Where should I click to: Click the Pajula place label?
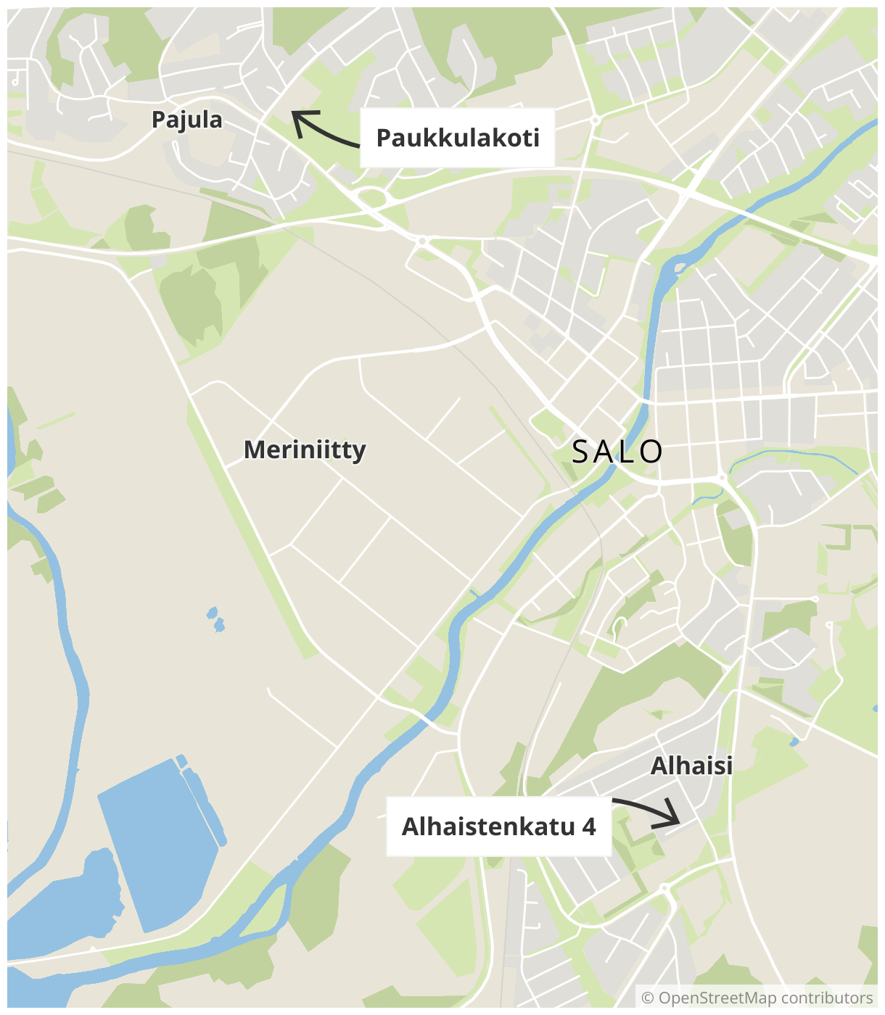pyautogui.click(x=186, y=120)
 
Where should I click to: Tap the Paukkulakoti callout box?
pyautogui.click(x=458, y=138)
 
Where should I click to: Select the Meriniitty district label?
pyautogui.click(x=305, y=449)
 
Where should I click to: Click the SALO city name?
pyautogui.click(x=617, y=452)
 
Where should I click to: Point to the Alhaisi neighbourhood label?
pyautogui.click(x=691, y=766)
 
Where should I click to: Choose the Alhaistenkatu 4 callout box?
pyautogui.click(x=499, y=826)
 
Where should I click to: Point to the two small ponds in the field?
pyautogui.click(x=215, y=619)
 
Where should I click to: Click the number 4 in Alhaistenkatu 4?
pyautogui.click(x=588, y=826)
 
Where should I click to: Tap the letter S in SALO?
pyautogui.click(x=581, y=452)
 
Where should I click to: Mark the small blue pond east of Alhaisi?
pyautogui.click(x=794, y=742)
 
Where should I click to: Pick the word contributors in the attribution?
pyautogui.click(x=827, y=998)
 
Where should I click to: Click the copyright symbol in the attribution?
pyautogui.click(x=648, y=998)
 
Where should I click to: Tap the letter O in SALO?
pyautogui.click(x=651, y=452)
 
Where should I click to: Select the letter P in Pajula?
pyautogui.click(x=158, y=120)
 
